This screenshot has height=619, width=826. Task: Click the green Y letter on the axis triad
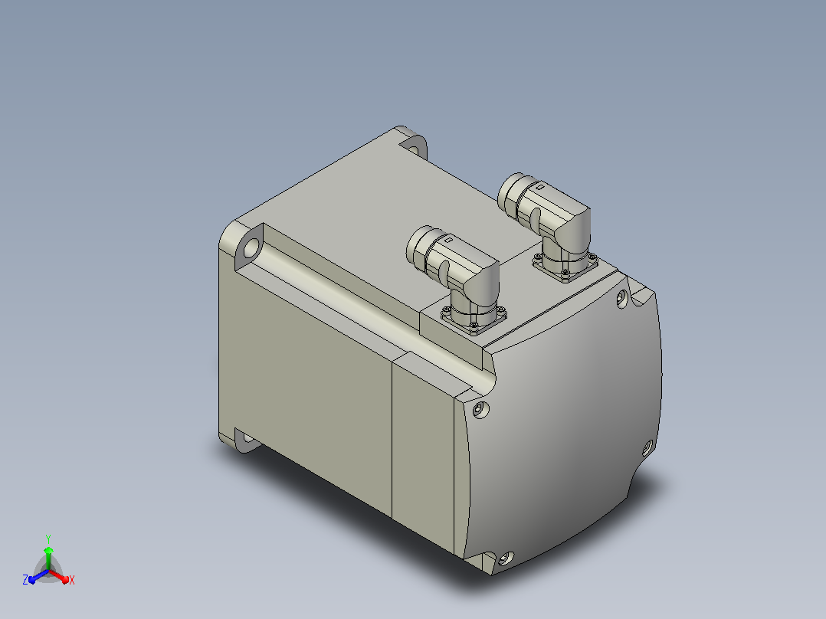click(x=48, y=539)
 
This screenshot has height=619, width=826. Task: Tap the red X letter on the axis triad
click(x=72, y=580)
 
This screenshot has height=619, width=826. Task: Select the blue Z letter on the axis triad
click(x=25, y=580)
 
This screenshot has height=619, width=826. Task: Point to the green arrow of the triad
click(x=48, y=557)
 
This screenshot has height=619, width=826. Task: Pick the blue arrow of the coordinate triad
click(x=38, y=576)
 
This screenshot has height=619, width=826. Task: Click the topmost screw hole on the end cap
click(x=622, y=300)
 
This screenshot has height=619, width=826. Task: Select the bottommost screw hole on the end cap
click(x=506, y=558)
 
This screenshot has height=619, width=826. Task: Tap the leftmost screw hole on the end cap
click(x=480, y=409)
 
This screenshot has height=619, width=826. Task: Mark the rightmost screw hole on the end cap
click(x=647, y=448)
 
